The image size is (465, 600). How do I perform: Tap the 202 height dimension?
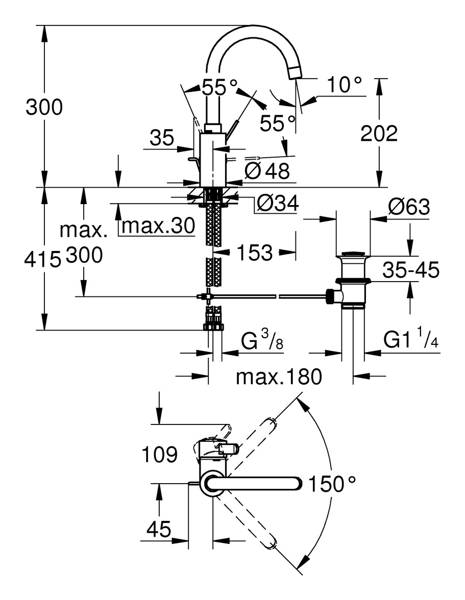coord(378,134)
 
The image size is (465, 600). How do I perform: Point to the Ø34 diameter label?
coord(277,204)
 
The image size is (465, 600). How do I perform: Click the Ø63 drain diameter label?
coord(408,208)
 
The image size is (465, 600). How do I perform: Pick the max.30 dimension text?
coord(158,226)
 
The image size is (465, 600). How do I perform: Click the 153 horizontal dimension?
coord(254,253)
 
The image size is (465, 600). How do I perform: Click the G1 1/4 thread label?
coord(411,341)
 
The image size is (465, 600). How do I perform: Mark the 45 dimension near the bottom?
coord(158,530)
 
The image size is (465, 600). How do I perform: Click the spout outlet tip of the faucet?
coord(295,73)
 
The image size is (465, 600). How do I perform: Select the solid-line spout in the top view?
coord(255,483)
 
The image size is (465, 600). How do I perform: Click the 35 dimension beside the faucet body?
coord(162,137)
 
